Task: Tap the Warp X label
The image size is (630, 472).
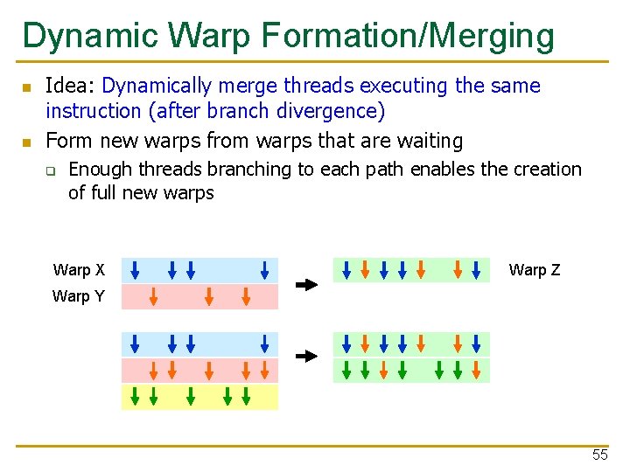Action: click(79, 270)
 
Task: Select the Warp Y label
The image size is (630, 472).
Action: click(78, 296)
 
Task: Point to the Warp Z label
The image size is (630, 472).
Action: click(534, 270)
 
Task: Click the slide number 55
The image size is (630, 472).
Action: click(599, 455)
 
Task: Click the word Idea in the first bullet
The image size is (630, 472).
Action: click(69, 86)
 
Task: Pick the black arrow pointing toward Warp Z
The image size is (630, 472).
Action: click(306, 284)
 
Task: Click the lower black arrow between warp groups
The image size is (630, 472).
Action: click(306, 357)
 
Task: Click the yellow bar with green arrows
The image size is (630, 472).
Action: click(199, 397)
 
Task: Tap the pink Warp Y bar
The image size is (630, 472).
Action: click(199, 297)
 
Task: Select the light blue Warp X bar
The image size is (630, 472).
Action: click(199, 270)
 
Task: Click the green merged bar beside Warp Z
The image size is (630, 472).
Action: click(411, 270)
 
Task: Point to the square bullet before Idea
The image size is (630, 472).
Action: click(26, 87)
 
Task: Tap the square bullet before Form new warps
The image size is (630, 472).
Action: click(26, 142)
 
